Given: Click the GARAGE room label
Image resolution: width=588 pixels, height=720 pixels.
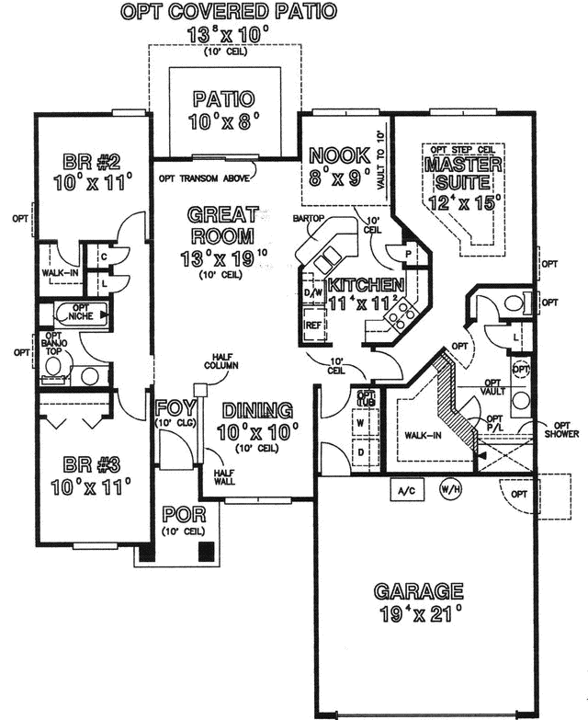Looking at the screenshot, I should click(417, 591).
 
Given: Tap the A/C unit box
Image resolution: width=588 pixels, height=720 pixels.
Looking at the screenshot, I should click(407, 491).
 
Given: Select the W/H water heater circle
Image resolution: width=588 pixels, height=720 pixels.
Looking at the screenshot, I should click(450, 490).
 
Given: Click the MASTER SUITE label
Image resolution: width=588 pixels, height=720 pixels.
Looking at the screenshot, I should click(463, 174).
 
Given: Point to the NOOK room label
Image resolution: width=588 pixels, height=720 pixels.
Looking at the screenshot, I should click(339, 154).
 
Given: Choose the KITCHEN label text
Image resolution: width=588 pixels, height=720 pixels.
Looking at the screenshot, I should click(366, 285).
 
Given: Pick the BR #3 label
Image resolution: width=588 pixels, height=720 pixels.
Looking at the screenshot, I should click(88, 463).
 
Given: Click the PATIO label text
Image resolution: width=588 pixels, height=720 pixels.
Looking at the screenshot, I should click(224, 98).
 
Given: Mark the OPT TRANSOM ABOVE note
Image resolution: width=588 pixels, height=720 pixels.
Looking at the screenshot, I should click(207, 179).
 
